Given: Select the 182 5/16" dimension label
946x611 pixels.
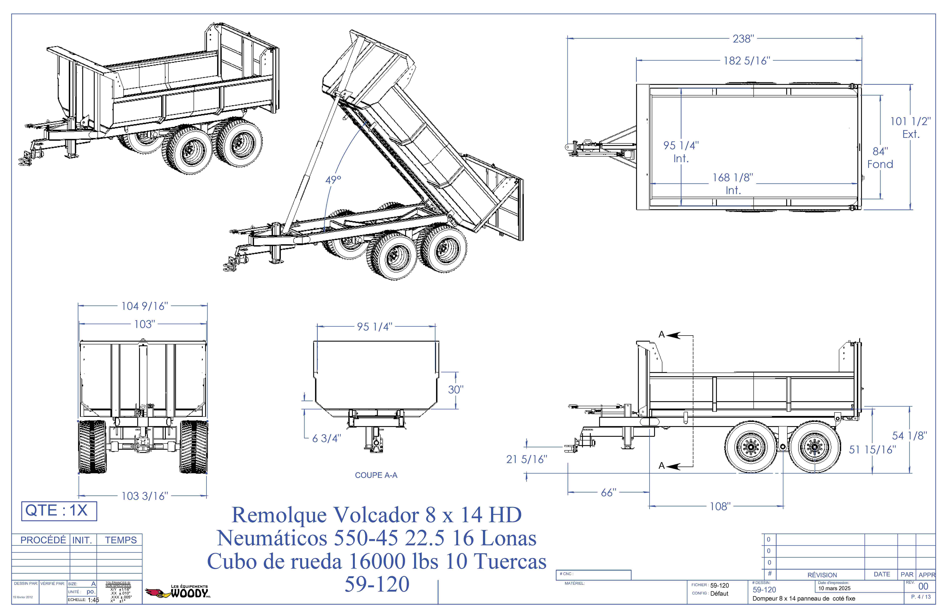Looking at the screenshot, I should coord(747,61).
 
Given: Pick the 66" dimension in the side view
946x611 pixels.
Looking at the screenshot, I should coord(609,493).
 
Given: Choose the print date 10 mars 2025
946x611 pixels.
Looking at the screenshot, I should coord(834,588).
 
